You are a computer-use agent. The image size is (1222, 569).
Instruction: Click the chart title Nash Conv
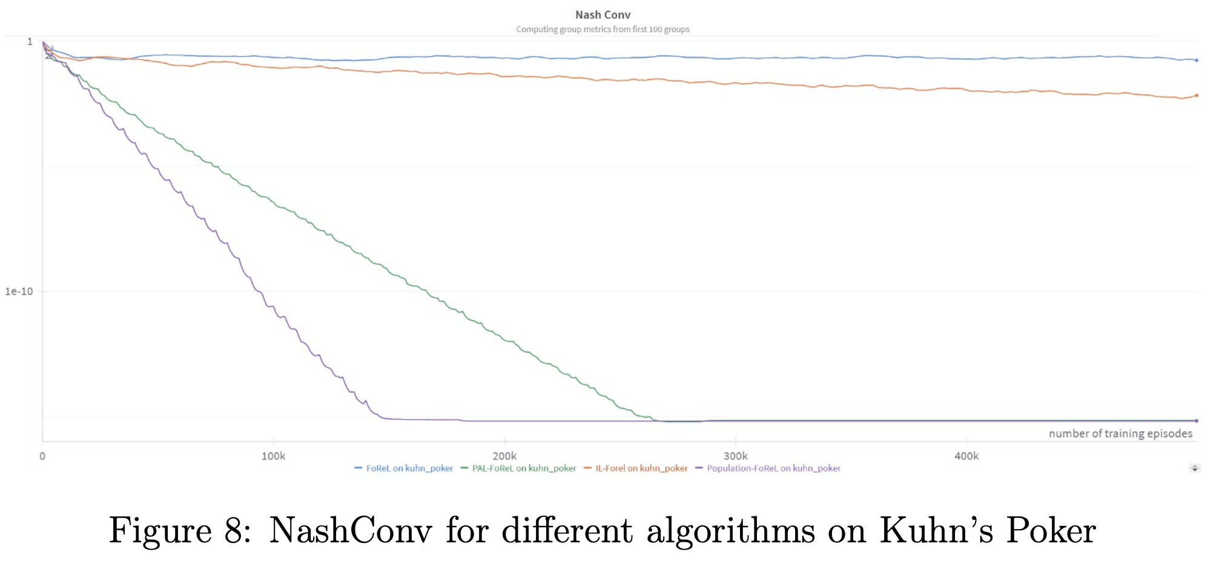pyautogui.click(x=603, y=15)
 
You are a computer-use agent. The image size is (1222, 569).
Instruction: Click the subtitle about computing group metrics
pyautogui.click(x=603, y=29)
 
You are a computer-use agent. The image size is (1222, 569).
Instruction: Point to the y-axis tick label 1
pyautogui.click(x=30, y=42)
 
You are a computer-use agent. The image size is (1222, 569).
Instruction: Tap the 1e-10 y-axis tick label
pyautogui.click(x=19, y=291)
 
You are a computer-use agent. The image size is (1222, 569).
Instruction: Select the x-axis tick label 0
pyautogui.click(x=42, y=456)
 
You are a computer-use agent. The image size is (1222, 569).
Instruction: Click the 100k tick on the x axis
pyautogui.click(x=273, y=456)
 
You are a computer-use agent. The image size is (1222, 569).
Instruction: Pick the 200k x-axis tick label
pyautogui.click(x=504, y=456)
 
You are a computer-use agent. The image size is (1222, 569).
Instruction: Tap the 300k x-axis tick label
pyautogui.click(x=735, y=456)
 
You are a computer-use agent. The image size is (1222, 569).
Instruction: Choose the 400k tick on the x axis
pyautogui.click(x=966, y=456)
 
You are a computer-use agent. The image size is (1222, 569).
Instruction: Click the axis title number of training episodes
pyautogui.click(x=1120, y=433)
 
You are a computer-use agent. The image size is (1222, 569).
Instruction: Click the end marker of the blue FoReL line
pyautogui.click(x=1197, y=61)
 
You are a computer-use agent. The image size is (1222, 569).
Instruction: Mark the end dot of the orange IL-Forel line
pyautogui.click(x=1197, y=96)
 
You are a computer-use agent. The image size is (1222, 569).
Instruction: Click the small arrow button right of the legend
pyautogui.click(x=1195, y=468)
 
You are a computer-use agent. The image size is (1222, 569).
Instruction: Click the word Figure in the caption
pyautogui.click(x=160, y=531)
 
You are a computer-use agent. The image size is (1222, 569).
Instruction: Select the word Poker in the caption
pyautogui.click(x=1051, y=531)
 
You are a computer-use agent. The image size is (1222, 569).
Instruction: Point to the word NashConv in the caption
pyautogui.click(x=351, y=531)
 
